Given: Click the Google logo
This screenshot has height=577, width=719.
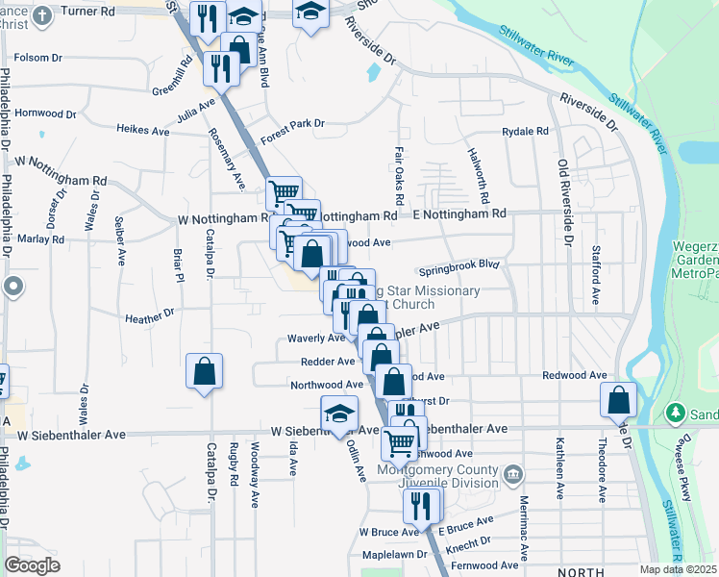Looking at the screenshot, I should click(32, 565).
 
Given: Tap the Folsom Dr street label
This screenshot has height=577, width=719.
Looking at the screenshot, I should click(37, 58).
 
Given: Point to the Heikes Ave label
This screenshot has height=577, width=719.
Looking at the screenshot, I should click(142, 128).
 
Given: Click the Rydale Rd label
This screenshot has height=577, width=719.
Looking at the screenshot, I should click(525, 131).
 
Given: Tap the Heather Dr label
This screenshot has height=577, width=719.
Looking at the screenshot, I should click(153, 313).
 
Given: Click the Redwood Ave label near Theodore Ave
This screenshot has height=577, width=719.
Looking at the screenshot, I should click(575, 374).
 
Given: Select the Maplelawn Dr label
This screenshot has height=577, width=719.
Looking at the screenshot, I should click(394, 555).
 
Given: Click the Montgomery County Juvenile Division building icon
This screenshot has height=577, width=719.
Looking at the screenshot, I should click(513, 474).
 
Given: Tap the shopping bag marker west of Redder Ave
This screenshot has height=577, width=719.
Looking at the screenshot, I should click(205, 371).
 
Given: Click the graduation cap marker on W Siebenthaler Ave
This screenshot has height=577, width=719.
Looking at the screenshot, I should click(338, 414).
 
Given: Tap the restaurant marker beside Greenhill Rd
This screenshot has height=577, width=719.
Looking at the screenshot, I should click(222, 67).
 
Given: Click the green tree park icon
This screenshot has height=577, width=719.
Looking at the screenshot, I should click(677, 413).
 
